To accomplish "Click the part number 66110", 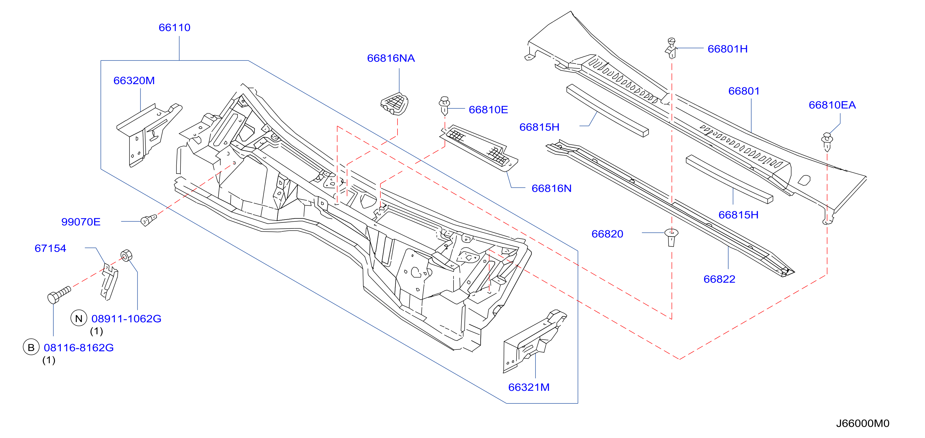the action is (x=175, y=28).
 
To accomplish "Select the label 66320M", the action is (x=134, y=81).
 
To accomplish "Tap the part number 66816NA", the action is (x=391, y=58).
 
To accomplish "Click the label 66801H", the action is (x=727, y=49).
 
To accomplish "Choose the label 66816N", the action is (x=551, y=188).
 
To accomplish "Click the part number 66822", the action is (x=719, y=279).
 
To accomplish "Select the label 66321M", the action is (x=529, y=387).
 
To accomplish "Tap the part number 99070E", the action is (x=81, y=222).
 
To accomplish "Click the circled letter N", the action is (x=79, y=318).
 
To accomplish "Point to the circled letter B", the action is (x=31, y=347).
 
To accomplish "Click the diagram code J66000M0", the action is (x=862, y=423).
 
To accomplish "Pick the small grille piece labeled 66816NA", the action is (x=395, y=104).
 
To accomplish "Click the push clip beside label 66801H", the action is (x=671, y=48).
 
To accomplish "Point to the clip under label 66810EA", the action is (x=827, y=142).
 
